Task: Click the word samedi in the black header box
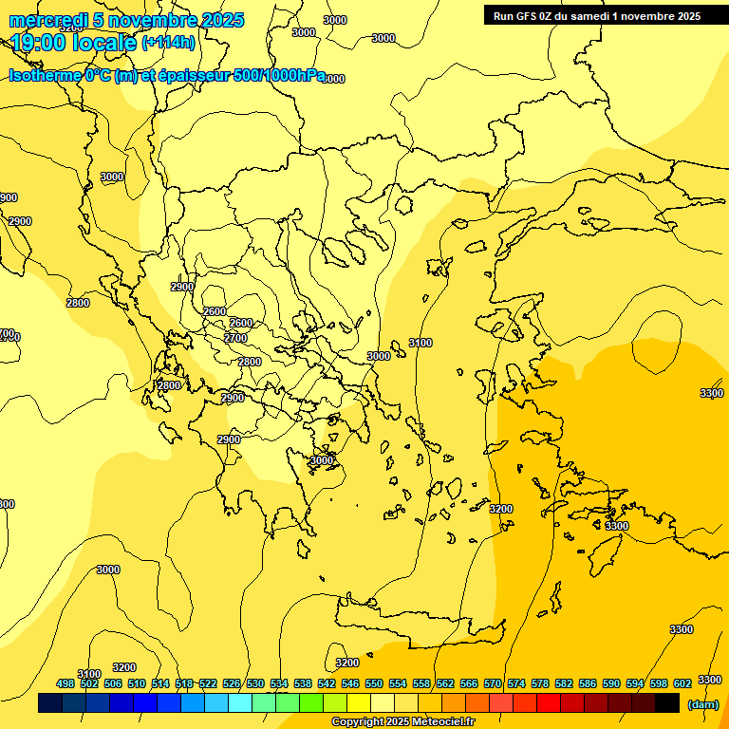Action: coord(591,15)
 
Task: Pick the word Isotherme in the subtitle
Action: coord(44,75)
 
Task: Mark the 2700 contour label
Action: coord(235,338)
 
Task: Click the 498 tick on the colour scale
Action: coord(65,683)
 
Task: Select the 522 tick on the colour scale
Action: coord(208,683)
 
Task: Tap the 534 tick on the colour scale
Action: coord(279,683)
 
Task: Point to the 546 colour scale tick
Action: coord(350,683)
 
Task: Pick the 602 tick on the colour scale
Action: coord(682,683)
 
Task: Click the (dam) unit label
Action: coord(703,704)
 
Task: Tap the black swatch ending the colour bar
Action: coord(667,703)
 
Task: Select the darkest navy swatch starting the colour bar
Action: coord(50,703)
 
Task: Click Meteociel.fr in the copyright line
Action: coord(442,722)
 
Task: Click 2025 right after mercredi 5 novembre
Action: coord(220,21)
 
